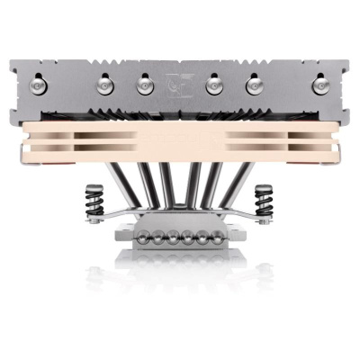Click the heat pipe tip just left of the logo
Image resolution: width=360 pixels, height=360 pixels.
pyautogui.click(x=144, y=83)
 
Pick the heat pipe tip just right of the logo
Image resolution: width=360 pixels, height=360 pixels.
pyautogui.click(x=214, y=83)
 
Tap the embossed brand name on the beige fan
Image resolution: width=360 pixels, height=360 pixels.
pyautogui.click(x=180, y=138)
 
